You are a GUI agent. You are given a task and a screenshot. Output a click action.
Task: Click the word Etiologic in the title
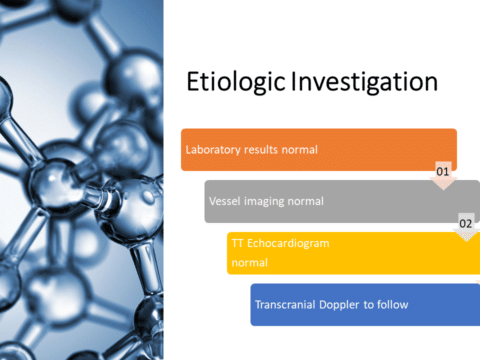[236, 82]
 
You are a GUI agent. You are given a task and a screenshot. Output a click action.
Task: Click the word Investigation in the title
[364, 82]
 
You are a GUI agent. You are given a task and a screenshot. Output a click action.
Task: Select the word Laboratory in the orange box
[213, 150]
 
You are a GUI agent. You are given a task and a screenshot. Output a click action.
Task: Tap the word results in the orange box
[261, 150]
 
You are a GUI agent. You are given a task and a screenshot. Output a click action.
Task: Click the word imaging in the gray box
[264, 202]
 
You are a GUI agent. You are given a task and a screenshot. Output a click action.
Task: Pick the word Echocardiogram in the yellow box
[288, 244]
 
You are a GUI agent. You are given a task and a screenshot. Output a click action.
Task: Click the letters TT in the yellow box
[237, 243]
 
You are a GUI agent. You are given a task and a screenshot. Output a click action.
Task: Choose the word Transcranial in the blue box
[285, 305]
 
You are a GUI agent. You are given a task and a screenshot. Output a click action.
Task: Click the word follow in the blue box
[392, 305]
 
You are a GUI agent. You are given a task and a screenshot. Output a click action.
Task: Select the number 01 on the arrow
[443, 172]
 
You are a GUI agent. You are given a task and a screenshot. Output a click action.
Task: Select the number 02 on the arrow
[466, 223]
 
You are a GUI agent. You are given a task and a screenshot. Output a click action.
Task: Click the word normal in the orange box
[300, 150]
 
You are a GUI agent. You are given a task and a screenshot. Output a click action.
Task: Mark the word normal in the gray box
[305, 201]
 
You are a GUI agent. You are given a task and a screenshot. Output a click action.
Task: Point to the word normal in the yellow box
[250, 263]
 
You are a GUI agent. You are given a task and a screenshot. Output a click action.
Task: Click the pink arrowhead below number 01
[443, 183]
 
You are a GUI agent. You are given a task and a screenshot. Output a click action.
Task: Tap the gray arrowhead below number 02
[467, 235]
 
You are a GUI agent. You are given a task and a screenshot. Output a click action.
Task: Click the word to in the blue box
[368, 305]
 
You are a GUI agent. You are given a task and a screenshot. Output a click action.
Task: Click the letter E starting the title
[193, 81]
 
